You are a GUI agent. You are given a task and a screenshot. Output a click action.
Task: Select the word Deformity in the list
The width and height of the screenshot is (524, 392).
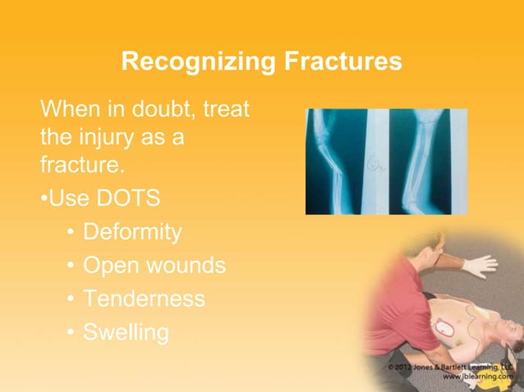pos(132,232)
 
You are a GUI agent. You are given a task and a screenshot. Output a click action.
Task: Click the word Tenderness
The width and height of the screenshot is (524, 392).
pos(144,299)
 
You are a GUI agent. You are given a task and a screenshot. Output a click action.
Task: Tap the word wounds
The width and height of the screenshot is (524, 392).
pos(182,266)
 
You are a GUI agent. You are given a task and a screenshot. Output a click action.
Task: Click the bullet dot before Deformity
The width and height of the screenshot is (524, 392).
pos(72,234)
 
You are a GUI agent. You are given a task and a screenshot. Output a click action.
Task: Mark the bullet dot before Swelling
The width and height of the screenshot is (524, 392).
pos(72,333)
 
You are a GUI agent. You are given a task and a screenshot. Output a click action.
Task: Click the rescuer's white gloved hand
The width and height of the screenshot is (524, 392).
pos(480,266)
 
